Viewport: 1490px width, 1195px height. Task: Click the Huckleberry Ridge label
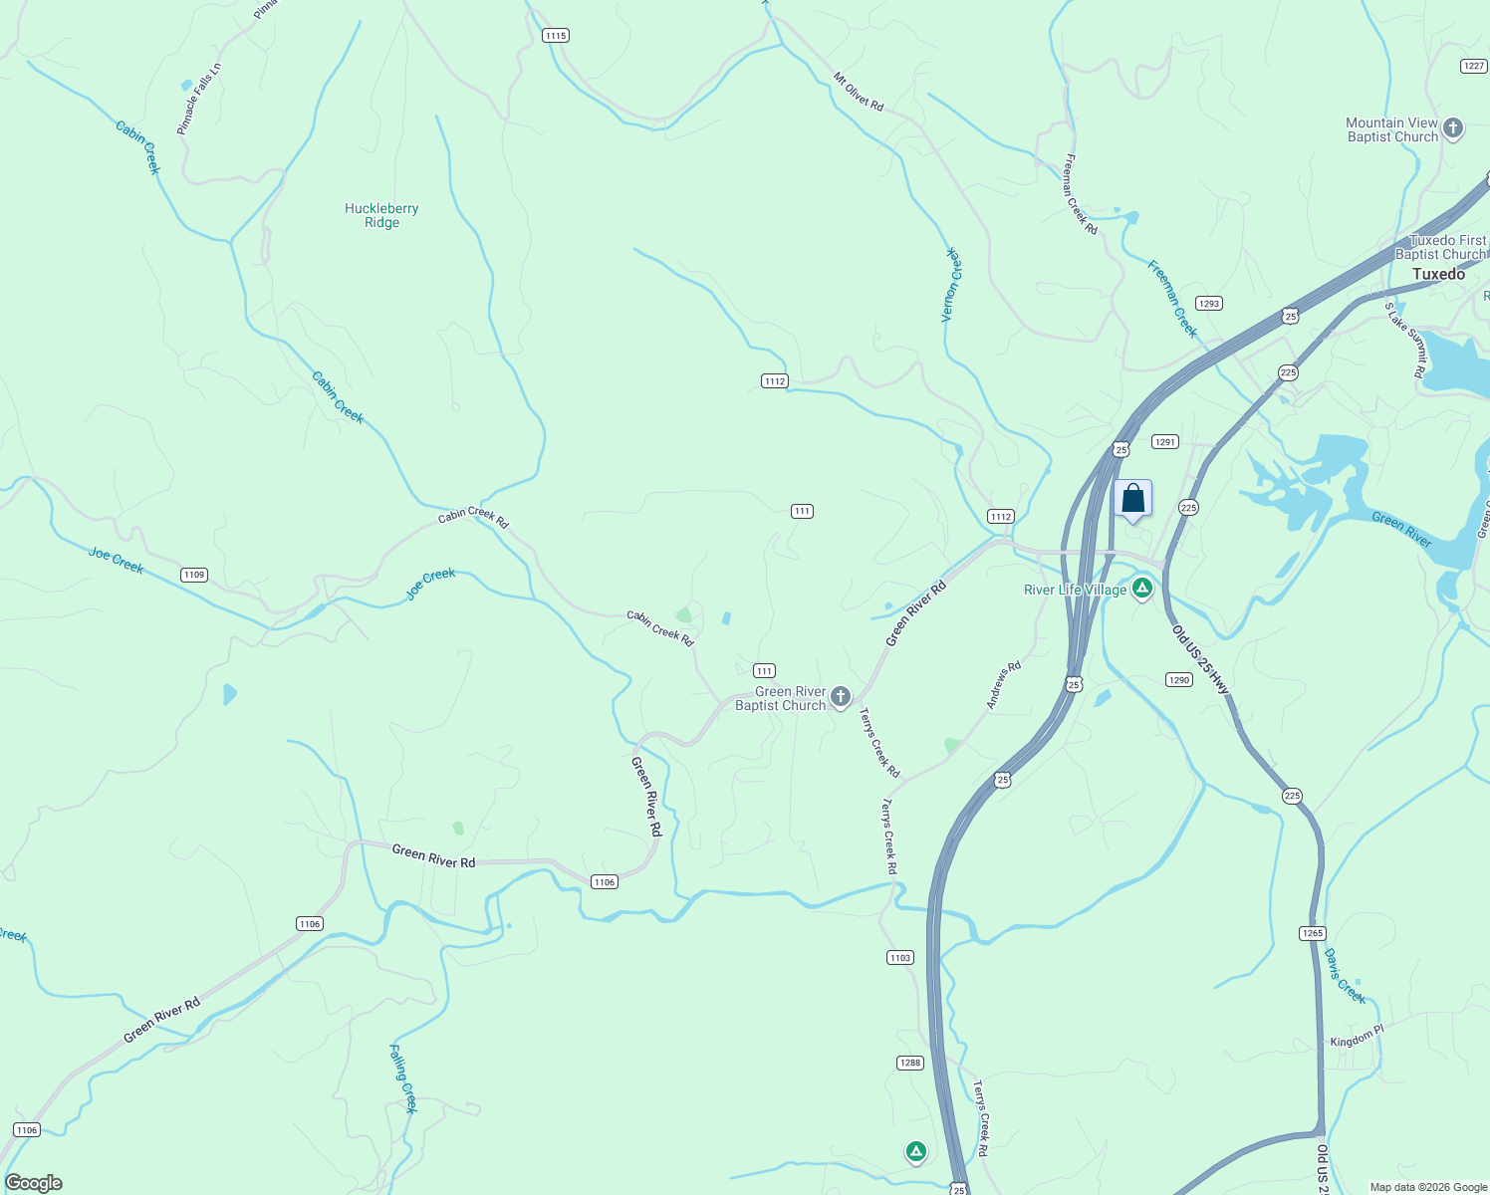coord(381,215)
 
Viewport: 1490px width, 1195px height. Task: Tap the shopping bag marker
coord(1132,498)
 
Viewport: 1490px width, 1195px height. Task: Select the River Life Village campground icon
coord(1142,589)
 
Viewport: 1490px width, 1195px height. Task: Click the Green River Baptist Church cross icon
coord(841,697)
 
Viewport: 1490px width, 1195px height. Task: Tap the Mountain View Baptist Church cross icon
coord(1453,127)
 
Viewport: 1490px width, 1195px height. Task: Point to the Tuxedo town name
coord(1438,274)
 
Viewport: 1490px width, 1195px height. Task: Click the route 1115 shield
coord(556,36)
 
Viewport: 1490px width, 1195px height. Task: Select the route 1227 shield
coord(1474,66)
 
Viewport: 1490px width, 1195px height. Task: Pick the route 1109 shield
coord(194,575)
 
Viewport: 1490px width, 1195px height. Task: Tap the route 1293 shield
coord(1209,304)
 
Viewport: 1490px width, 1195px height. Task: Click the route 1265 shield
coord(1313,933)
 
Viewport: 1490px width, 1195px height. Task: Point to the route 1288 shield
coord(910,1063)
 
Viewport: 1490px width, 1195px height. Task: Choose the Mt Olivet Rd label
coord(859,92)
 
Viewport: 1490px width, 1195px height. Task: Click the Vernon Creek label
coord(952,285)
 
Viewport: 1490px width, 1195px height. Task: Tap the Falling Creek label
coord(403,1078)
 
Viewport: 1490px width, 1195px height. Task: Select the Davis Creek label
coord(1345,976)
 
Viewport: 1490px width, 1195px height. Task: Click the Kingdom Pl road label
coord(1357,1037)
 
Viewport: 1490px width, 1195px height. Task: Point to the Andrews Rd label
coord(1004,685)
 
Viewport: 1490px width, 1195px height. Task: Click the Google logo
coord(34,1183)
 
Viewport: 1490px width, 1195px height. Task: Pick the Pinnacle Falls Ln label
coord(199,99)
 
